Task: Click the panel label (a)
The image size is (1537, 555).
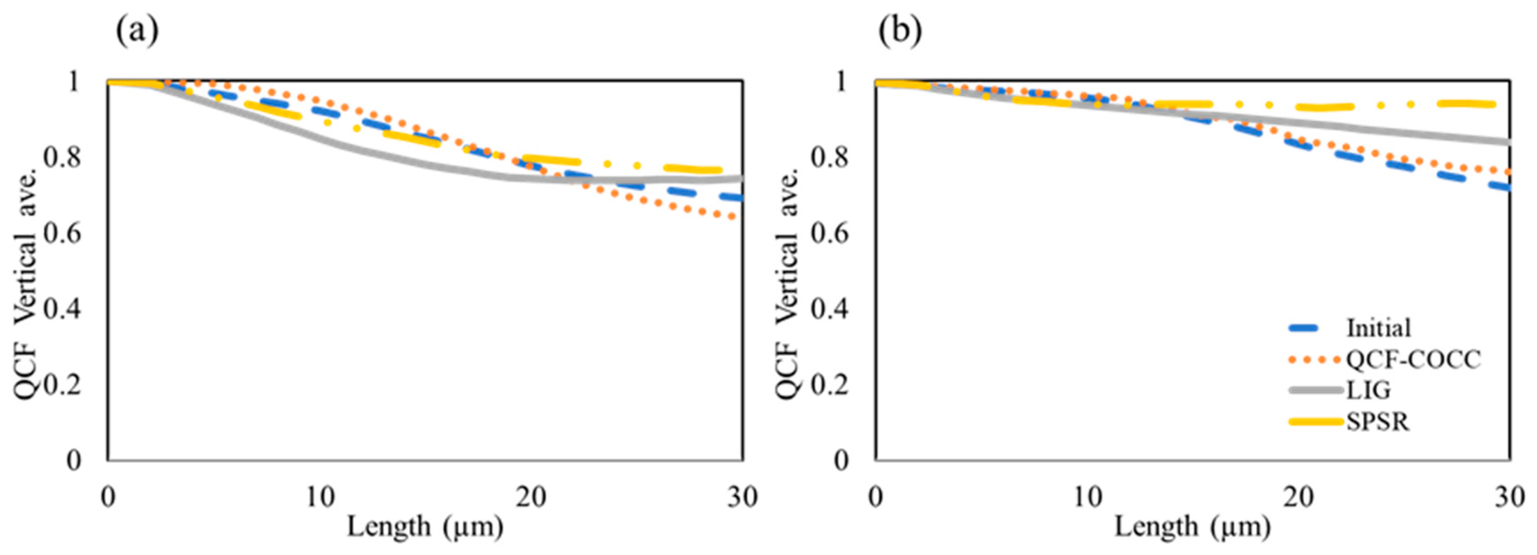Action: pyautogui.click(x=137, y=32)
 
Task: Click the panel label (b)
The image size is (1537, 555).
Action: pyautogui.click(x=900, y=32)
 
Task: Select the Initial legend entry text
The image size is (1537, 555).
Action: pyautogui.click(x=1378, y=328)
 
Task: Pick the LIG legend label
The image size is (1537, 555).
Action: pyautogui.click(x=1368, y=391)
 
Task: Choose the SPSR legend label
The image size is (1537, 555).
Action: pyautogui.click(x=1377, y=422)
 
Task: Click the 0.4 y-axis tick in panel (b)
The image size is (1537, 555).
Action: pyautogui.click(x=830, y=309)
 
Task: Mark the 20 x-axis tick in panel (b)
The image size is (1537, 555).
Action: pyautogui.click(x=1299, y=497)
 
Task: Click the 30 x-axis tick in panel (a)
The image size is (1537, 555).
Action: pyautogui.click(x=742, y=497)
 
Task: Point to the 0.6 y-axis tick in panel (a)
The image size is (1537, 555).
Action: pyautogui.click(x=62, y=233)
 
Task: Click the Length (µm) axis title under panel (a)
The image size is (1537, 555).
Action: pyautogui.click(x=425, y=527)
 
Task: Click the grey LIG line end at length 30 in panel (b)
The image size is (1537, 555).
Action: pyautogui.click(x=1507, y=142)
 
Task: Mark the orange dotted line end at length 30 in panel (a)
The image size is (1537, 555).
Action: pyautogui.click(x=739, y=217)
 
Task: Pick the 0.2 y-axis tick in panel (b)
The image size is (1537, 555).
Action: pyautogui.click(x=830, y=384)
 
